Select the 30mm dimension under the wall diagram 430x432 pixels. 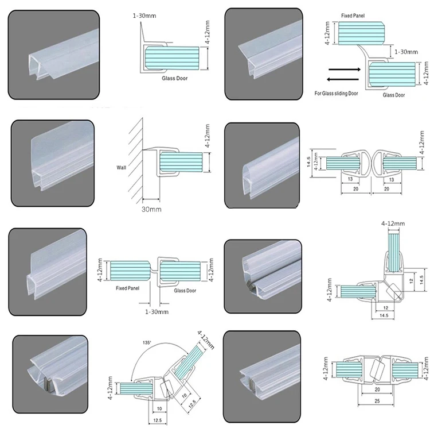tap(151, 210)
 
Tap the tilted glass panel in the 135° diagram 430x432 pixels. tap(193, 364)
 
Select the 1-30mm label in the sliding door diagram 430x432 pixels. tap(406, 52)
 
